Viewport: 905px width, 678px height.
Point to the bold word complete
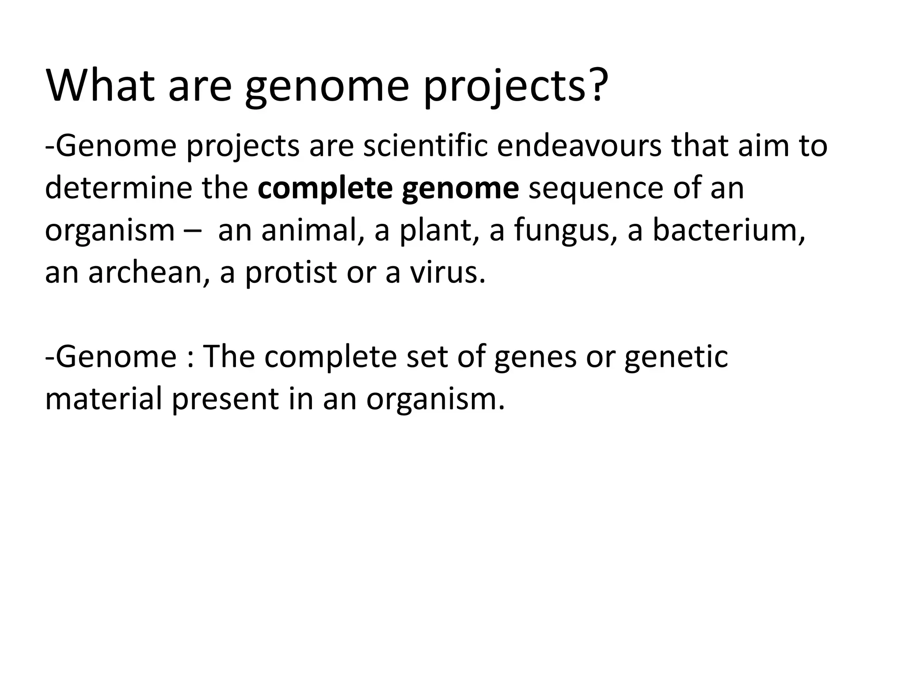[x=325, y=188]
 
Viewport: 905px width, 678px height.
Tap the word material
[x=104, y=399]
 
